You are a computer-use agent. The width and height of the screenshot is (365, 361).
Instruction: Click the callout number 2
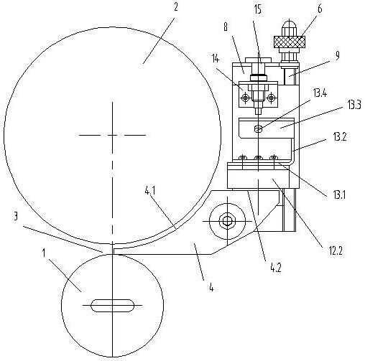[176, 7]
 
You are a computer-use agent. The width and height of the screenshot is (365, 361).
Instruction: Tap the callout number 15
[258, 10]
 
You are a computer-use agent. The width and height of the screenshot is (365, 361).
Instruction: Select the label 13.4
[320, 93]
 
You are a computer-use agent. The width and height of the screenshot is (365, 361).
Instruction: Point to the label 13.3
[354, 105]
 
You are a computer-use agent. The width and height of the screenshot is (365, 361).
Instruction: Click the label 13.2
[340, 137]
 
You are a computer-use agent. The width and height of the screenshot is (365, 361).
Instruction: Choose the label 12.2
[336, 250]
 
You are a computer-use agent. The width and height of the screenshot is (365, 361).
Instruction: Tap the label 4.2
[276, 267]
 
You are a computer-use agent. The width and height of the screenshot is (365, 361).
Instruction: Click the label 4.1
[150, 191]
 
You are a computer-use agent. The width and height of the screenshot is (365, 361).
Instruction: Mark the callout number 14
[216, 58]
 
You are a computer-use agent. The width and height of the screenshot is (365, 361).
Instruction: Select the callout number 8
[226, 27]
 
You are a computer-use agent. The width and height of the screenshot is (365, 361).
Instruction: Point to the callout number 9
[337, 56]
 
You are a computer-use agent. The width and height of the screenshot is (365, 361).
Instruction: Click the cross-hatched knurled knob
[290, 42]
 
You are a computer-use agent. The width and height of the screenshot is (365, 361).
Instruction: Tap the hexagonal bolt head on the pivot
[226, 221]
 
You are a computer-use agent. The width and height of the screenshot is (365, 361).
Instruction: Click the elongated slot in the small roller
[112, 305]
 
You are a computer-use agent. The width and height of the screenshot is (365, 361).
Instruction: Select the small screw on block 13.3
[258, 129]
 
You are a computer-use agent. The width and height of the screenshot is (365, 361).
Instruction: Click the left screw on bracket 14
[245, 98]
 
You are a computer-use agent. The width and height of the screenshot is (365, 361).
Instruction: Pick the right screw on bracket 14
[271, 98]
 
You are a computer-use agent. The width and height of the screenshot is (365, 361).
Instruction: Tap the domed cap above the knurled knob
[289, 25]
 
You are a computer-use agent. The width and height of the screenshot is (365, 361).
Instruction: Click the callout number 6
[320, 9]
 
